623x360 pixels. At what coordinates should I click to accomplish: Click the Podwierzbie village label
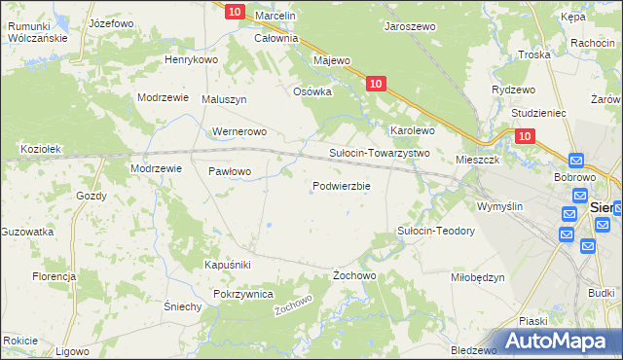tap(341, 186)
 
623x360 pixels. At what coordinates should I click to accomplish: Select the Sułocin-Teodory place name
tap(435, 231)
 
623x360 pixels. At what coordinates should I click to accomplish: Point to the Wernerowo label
tap(238, 131)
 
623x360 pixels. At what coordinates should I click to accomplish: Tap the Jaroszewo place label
tap(410, 27)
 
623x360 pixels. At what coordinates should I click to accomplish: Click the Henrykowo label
tap(191, 59)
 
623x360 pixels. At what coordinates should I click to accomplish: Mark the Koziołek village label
tap(41, 149)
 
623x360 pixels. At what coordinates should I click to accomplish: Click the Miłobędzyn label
tap(478, 276)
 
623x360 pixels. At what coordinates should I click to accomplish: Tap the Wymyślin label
tap(499, 206)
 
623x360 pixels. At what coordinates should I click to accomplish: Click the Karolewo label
tap(412, 129)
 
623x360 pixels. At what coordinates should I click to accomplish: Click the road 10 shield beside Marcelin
tap(235, 11)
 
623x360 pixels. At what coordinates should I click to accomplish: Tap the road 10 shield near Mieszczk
tap(525, 137)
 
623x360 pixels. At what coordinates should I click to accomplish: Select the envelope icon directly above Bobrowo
tap(574, 162)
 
